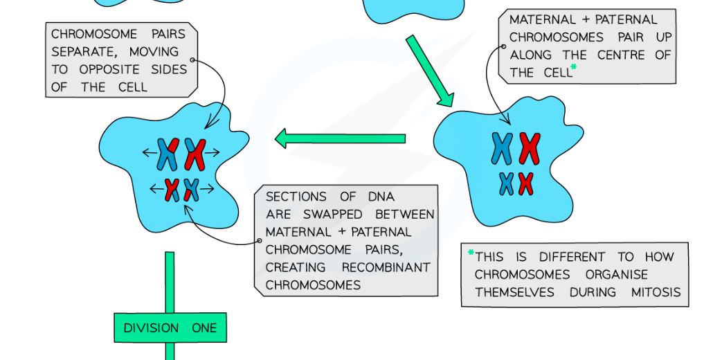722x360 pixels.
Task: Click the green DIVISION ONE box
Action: tap(170, 327)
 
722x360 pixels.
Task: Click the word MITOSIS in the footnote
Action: tap(656, 292)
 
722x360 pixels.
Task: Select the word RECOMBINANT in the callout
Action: tap(386, 267)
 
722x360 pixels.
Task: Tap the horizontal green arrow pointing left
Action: tap(340, 138)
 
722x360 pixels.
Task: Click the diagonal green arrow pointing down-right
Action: tap(428, 72)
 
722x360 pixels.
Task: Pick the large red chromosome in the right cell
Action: tap(530, 148)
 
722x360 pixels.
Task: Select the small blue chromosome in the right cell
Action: tap(507, 183)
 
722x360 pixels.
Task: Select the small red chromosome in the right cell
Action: tap(526, 183)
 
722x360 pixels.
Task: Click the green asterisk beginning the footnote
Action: tap(471, 253)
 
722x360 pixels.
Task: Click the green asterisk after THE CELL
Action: tap(573, 68)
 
